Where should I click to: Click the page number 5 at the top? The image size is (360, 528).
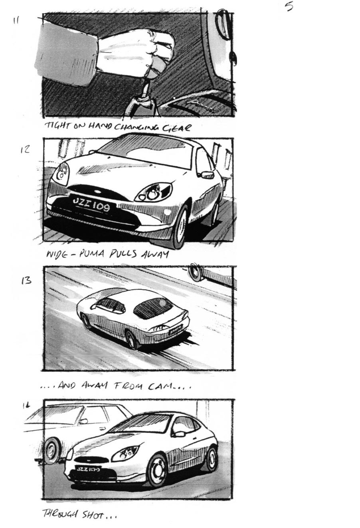pyautogui.click(x=289, y=7)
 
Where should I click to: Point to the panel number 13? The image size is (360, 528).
pyautogui.click(x=26, y=281)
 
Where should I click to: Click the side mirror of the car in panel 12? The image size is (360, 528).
pyautogui.click(x=208, y=174)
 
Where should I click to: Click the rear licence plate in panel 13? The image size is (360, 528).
pyautogui.click(x=175, y=330)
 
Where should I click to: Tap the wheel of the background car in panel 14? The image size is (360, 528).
pyautogui.click(x=51, y=450)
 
